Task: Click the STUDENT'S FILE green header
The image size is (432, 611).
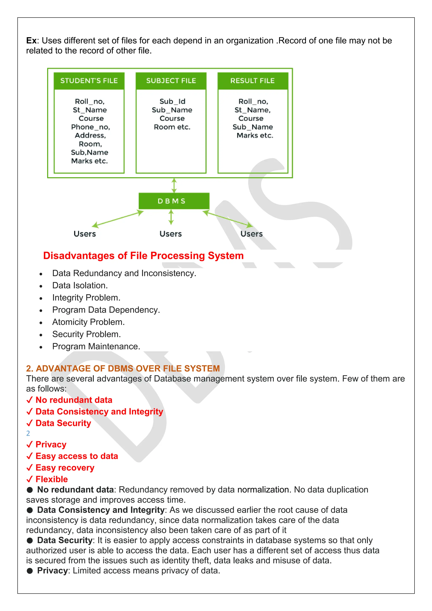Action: point(89,81)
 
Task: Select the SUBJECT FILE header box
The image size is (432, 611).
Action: point(171,81)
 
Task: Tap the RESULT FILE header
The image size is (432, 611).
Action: point(252,81)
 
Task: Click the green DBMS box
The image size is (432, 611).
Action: point(174,201)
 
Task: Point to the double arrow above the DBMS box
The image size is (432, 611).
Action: point(174,185)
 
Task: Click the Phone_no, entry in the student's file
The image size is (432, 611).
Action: point(90,127)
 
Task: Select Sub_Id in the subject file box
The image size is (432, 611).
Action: point(172,101)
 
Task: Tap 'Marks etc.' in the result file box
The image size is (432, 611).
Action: point(255,135)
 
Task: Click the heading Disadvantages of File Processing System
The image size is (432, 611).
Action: point(143,255)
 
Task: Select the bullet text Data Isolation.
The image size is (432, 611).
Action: point(80,285)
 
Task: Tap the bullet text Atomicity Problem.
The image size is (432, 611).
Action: point(88,322)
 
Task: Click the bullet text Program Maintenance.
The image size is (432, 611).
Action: point(96,346)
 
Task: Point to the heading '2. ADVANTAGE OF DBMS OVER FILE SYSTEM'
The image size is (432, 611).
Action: point(123,368)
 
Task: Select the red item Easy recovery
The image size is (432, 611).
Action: point(65,468)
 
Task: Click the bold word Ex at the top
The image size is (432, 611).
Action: point(31,41)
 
